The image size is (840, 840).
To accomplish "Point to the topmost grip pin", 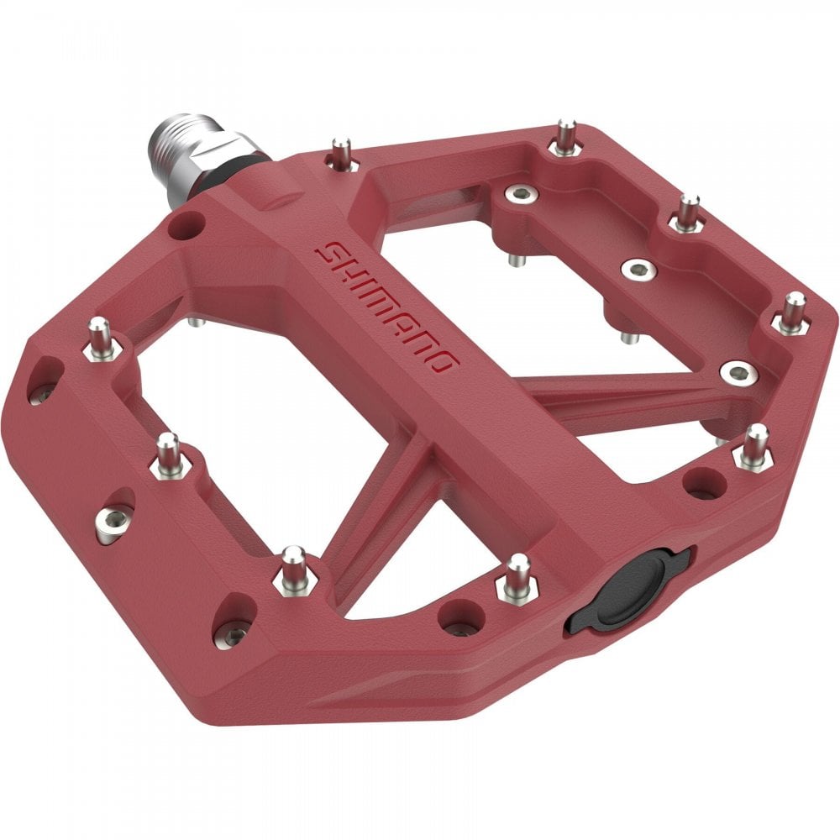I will (565, 136).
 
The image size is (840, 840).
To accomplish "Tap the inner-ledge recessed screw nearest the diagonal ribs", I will (738, 371).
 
